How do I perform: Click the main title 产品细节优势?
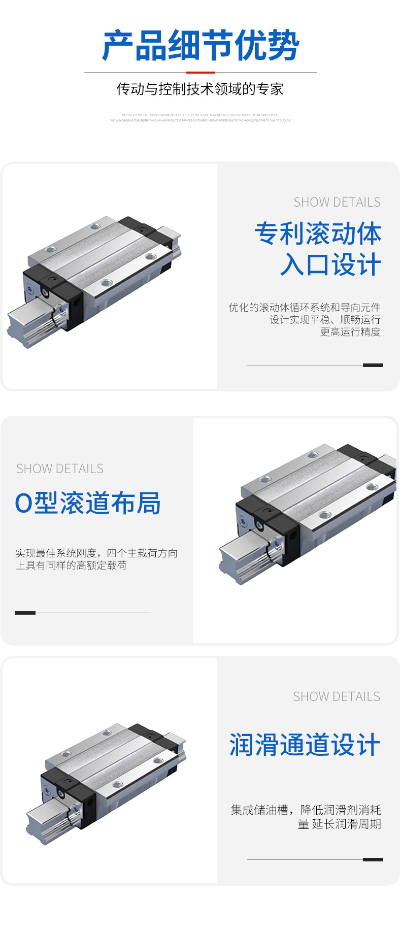coord(201,46)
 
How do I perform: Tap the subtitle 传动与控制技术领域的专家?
coord(200,89)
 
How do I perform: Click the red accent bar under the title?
coord(201,73)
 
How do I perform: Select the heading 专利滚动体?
coord(318,233)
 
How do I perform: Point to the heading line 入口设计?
coord(330,265)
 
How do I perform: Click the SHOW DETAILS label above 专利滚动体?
coord(337,202)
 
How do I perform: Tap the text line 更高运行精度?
coord(350,332)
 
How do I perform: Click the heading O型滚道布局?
coord(88,503)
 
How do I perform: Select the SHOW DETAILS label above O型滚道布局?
coord(60,469)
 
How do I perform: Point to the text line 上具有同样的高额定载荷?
coord(71,565)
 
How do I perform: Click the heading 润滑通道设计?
coord(305,745)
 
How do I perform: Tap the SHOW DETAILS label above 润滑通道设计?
coord(337,696)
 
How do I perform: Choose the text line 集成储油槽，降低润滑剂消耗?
coord(306,810)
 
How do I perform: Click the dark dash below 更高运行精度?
coord(373,365)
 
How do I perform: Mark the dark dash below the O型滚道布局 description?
coord(25,613)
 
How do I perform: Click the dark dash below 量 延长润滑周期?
coord(373,859)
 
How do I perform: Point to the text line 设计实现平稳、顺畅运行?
coord(325,320)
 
